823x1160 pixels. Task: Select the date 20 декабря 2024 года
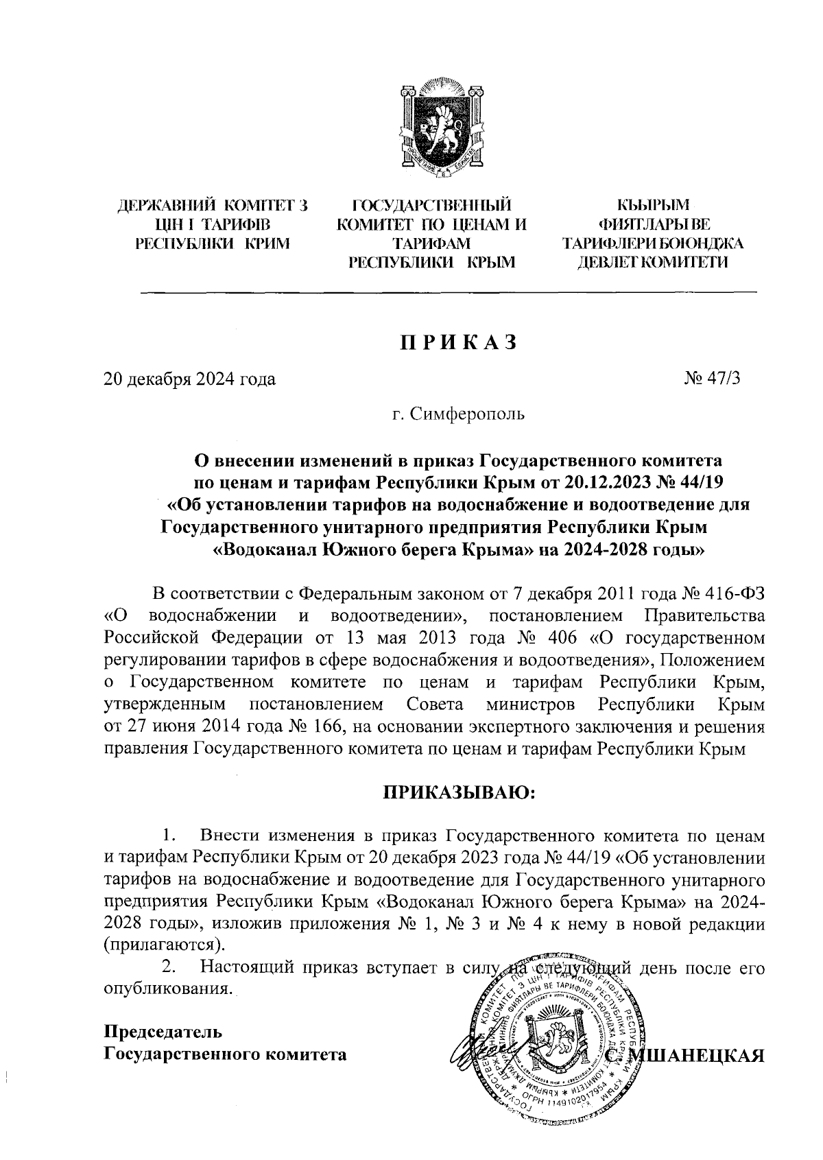[x=189, y=379]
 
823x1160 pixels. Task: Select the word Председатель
[x=163, y=1031]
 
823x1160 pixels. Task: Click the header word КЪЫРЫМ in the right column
[x=652, y=205]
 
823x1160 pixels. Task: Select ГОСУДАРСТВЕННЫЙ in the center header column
[x=431, y=205]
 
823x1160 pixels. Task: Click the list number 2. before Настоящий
[x=168, y=967]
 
